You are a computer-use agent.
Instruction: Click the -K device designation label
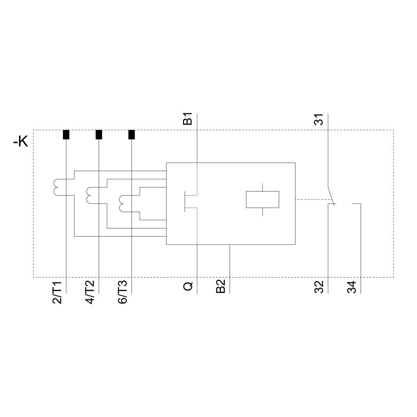(x=20, y=142)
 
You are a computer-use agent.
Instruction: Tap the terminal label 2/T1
(x=58, y=292)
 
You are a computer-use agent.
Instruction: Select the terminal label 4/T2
(x=90, y=292)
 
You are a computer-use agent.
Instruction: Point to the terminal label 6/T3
(x=123, y=292)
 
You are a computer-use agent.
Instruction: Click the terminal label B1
(x=188, y=118)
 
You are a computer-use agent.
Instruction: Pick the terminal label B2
(x=221, y=286)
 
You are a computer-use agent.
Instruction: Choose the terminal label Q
(x=188, y=286)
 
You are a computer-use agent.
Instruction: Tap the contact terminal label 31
(x=319, y=120)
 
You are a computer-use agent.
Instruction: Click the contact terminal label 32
(x=319, y=287)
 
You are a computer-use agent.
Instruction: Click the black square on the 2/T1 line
(x=66, y=135)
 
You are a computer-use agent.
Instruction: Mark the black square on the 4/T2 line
(x=99, y=135)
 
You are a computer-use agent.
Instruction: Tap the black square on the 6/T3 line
(x=131, y=135)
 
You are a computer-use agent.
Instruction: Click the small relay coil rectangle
(x=262, y=199)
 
